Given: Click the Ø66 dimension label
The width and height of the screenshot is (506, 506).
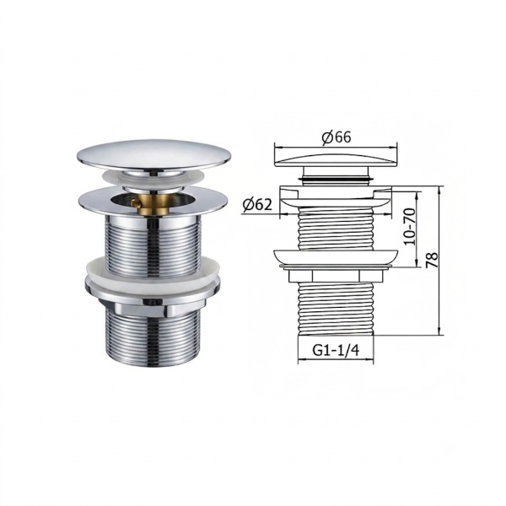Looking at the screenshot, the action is coord(336,137).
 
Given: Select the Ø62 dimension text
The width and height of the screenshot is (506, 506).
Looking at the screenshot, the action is coord(257,204).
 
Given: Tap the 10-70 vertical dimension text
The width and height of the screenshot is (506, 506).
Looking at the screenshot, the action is coord(409,227).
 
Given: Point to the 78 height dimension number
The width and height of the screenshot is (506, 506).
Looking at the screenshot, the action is coord(432,259).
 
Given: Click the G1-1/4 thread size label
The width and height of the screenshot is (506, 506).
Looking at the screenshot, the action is coord(336,350).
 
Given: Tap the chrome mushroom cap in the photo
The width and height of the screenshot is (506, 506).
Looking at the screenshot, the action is coord(154,154).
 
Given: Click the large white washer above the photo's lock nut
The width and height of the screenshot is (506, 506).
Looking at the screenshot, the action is coord(153,271).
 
